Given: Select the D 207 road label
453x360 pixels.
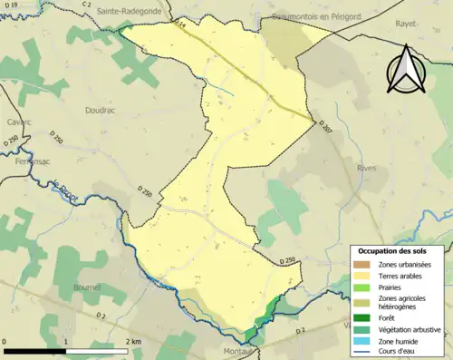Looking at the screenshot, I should click(325, 131).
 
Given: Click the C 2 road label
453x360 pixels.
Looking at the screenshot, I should click(86, 5).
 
